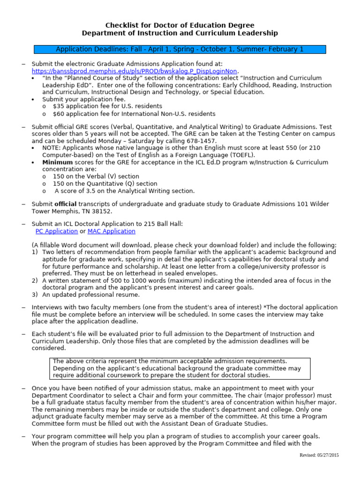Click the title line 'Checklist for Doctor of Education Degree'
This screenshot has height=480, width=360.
(x=180, y=25)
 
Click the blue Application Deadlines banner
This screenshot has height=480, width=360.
(x=180, y=49)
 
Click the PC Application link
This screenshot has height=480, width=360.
(x=56, y=231)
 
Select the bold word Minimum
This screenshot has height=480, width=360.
(x=58, y=162)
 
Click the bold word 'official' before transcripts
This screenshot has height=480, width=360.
(x=65, y=204)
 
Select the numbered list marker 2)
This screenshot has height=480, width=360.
(x=35, y=280)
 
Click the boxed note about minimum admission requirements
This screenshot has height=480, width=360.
(x=180, y=368)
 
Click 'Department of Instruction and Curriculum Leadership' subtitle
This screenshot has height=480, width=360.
(x=180, y=33)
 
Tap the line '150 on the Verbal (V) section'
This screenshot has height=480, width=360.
(x=96, y=177)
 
